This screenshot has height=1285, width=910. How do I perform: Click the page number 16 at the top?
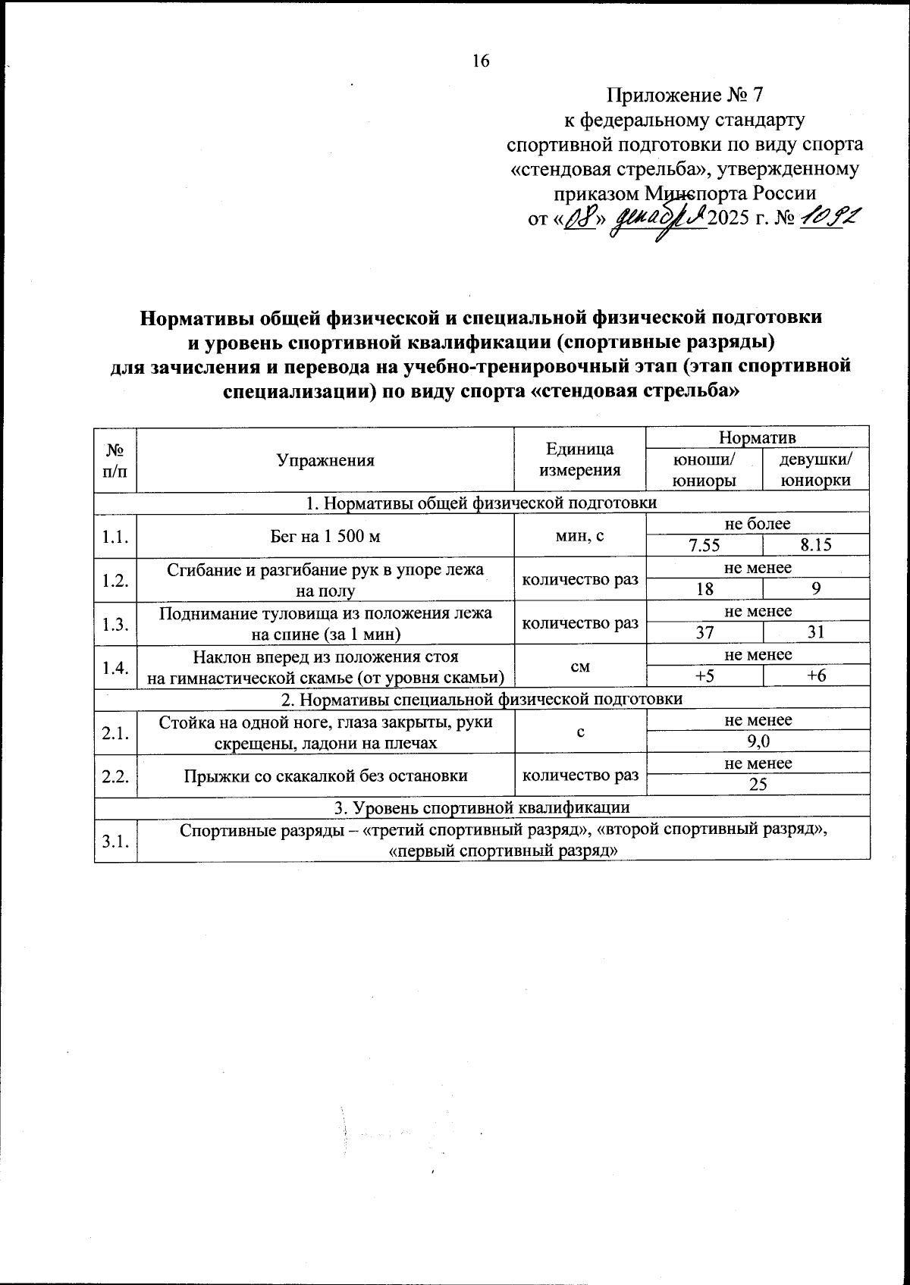click(482, 61)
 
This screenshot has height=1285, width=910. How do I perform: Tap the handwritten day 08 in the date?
click(582, 219)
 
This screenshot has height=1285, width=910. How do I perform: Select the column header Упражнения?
click(325, 460)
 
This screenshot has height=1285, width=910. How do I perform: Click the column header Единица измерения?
click(579, 460)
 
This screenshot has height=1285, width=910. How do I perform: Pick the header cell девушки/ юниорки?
click(816, 470)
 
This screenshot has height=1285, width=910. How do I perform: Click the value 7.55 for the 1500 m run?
click(705, 545)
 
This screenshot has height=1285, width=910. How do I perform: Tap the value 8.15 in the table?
click(817, 545)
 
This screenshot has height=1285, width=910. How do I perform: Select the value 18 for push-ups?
click(705, 589)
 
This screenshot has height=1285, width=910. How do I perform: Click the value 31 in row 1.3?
click(817, 632)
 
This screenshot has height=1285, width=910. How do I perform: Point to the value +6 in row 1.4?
click(817, 675)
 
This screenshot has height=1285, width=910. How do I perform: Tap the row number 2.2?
click(115, 775)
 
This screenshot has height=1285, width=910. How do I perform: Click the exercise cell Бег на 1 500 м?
click(325, 536)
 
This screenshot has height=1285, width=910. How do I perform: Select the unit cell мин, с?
click(579, 536)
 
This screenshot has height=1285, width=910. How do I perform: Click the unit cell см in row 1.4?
click(579, 666)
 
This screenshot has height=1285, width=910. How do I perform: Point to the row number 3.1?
click(115, 839)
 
